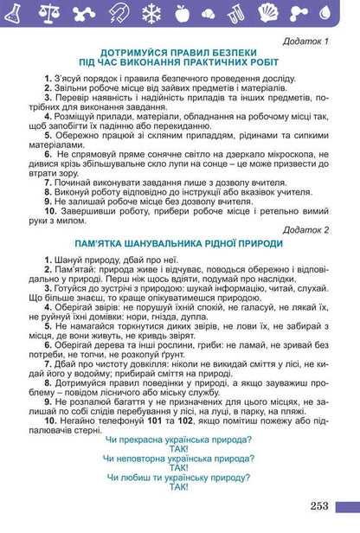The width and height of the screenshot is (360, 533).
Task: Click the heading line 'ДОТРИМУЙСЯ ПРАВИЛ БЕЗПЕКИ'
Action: point(179,54)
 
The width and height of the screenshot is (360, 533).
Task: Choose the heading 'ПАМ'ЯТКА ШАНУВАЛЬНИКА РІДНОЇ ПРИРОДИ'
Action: point(179,245)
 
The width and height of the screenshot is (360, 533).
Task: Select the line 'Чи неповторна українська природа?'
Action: point(178,459)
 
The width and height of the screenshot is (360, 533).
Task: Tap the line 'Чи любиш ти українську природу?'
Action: point(178,478)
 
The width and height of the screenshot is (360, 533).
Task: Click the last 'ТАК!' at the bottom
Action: point(179,488)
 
